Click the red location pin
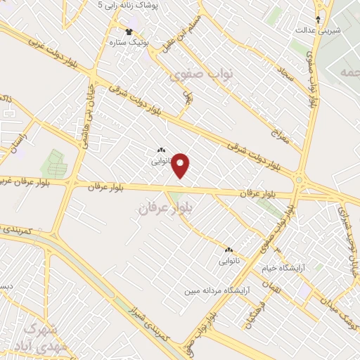tap(181, 165)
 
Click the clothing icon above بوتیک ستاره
tap(129, 31)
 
